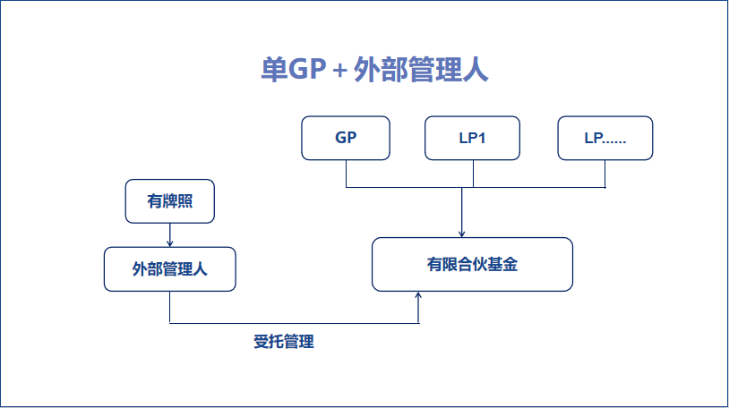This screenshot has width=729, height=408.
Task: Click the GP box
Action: [x=346, y=138]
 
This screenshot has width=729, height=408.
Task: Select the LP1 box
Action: [x=472, y=138]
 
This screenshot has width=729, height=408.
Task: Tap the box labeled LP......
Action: [x=605, y=138]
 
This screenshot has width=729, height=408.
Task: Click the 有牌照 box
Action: [x=169, y=201]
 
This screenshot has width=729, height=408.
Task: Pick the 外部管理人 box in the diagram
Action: [x=169, y=269]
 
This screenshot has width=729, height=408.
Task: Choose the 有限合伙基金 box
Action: [x=472, y=265]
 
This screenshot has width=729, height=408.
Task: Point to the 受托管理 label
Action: [x=284, y=342]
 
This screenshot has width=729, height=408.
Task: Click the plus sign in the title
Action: [x=339, y=71]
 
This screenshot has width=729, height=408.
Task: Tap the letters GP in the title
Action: [x=307, y=69]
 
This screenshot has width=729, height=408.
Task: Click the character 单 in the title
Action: [x=274, y=69]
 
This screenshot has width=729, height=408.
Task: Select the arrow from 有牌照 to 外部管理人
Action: [x=169, y=235]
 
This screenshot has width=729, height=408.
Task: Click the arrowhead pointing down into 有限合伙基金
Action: [x=461, y=234]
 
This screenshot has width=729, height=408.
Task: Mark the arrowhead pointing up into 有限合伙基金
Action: [x=418, y=295]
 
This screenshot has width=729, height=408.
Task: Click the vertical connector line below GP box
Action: [x=346, y=174]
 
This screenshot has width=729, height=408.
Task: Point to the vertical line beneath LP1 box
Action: [x=473, y=174]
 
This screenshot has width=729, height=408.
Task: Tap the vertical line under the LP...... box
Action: [x=605, y=174]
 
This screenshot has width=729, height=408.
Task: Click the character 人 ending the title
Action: [x=475, y=69]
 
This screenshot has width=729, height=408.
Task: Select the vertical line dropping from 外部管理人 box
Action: [x=169, y=307]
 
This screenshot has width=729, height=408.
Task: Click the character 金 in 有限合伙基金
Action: [x=510, y=265]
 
